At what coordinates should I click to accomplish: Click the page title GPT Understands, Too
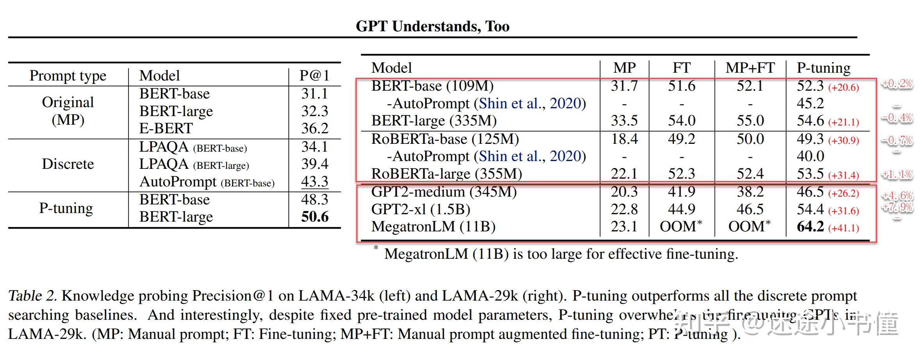[x=432, y=27]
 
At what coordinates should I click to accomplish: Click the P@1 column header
[x=314, y=75]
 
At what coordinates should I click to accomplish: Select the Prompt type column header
[x=68, y=75]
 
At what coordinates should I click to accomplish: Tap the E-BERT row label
[x=166, y=129]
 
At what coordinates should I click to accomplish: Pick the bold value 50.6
[x=314, y=217]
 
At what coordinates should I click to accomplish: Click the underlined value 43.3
[x=314, y=181]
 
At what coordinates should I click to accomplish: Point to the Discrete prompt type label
[x=68, y=164]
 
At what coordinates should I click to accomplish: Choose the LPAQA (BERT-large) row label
[x=194, y=164]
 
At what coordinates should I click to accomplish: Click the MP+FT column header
[x=750, y=68]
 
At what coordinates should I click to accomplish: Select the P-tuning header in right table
[x=823, y=68]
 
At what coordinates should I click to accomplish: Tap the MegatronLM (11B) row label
[x=433, y=227]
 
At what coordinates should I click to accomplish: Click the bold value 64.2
[x=810, y=227]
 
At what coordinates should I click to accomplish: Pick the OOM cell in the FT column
[x=680, y=227]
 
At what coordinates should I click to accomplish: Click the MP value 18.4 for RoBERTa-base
[x=624, y=139]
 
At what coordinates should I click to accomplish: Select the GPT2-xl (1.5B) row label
[x=420, y=210]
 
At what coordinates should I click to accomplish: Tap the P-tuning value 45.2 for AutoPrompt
[x=810, y=104]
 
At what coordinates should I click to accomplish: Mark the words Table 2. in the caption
[x=32, y=296]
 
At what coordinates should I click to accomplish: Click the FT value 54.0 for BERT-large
[x=681, y=121]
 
